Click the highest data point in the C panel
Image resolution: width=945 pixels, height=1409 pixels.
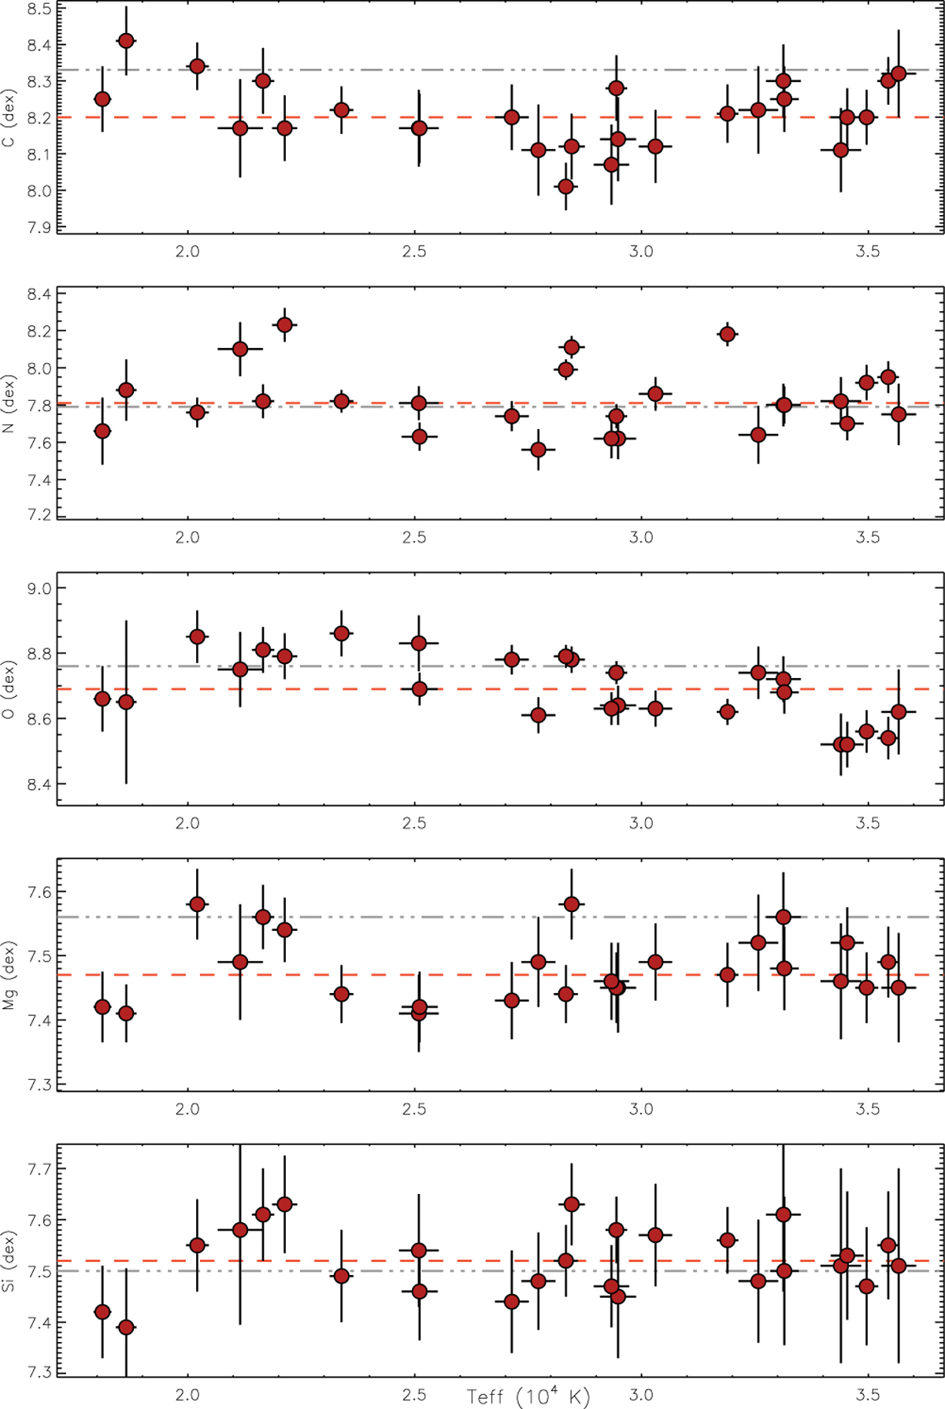(x=125, y=40)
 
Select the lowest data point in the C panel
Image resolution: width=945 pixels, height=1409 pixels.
(x=565, y=187)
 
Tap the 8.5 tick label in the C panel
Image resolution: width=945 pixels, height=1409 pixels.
(x=39, y=9)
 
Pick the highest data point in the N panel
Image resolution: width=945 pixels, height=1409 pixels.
(x=285, y=324)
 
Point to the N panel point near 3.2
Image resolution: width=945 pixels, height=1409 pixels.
(x=728, y=335)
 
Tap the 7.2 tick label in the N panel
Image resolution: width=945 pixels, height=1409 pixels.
(x=39, y=516)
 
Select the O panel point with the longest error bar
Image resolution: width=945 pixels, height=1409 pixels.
(x=125, y=702)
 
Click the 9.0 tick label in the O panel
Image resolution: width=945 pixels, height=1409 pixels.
(x=39, y=589)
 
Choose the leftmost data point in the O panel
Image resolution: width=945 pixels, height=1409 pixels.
(x=102, y=699)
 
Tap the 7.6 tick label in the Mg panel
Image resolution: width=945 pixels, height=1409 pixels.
(x=39, y=892)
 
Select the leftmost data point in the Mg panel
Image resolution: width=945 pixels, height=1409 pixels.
(x=102, y=1007)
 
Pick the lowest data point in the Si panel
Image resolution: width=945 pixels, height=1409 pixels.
(x=125, y=1327)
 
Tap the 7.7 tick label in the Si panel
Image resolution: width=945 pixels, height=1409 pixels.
(x=39, y=1169)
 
